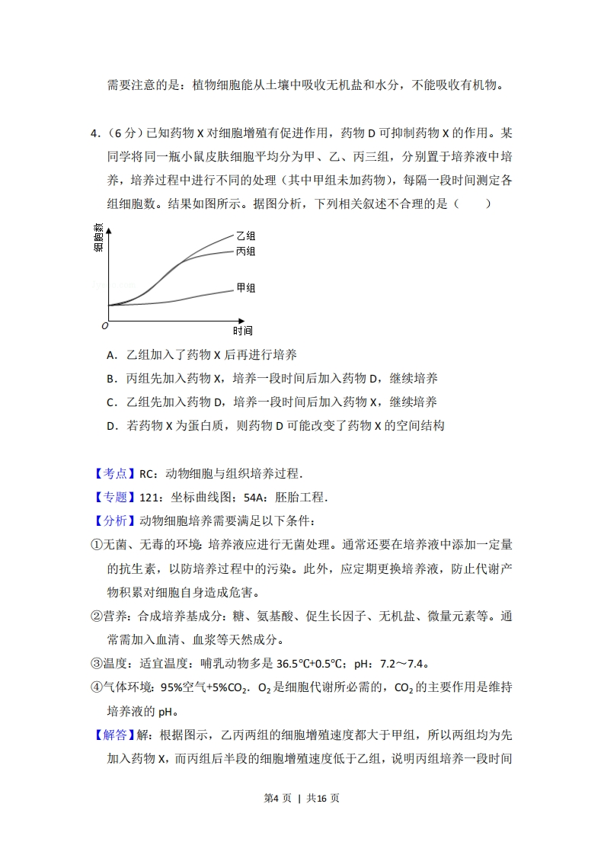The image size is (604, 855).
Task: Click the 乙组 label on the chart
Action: coord(245,236)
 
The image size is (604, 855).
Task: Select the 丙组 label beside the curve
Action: coord(245,251)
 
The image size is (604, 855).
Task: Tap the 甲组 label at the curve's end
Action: coord(245,288)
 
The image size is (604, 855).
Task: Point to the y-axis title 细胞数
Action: coord(99,238)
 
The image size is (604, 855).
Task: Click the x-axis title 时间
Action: coord(242,331)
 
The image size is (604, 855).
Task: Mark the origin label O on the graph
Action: coord(104,326)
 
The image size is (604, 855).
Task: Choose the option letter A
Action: coord(111,354)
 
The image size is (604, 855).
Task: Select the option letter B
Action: coord(111,378)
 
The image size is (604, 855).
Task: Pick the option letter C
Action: coord(111,402)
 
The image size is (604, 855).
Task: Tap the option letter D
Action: coord(111,425)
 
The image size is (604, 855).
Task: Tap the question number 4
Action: coord(94,133)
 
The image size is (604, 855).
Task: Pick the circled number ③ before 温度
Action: coord(97,663)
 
